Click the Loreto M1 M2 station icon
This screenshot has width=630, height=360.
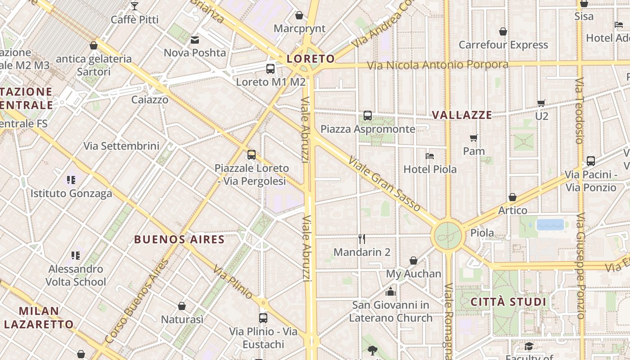270,69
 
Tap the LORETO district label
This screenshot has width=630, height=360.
311,59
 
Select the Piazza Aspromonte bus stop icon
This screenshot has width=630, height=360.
368,116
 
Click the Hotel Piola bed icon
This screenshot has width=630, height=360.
430,156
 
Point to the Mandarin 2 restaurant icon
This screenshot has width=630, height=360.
362,238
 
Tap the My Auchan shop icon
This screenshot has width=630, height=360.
414,261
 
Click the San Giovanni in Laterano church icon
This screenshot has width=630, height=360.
391,292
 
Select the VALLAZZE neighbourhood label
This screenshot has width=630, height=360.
462,115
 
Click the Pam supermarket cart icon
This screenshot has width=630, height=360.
473,138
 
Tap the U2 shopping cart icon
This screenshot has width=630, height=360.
541,103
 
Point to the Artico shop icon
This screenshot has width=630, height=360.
513,197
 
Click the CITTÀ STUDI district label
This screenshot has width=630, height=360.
508,302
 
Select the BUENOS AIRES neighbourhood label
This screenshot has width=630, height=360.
179,239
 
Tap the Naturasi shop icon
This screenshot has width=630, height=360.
182,306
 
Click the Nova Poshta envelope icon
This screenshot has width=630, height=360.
195,40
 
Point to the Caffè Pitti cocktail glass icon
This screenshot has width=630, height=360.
134,6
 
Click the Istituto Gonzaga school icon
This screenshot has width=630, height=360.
71,180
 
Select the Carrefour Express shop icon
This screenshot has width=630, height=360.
503,31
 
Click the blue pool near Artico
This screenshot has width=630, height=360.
550,225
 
